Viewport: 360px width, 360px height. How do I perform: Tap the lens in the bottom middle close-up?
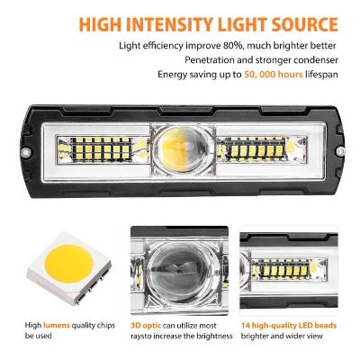[179, 271]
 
